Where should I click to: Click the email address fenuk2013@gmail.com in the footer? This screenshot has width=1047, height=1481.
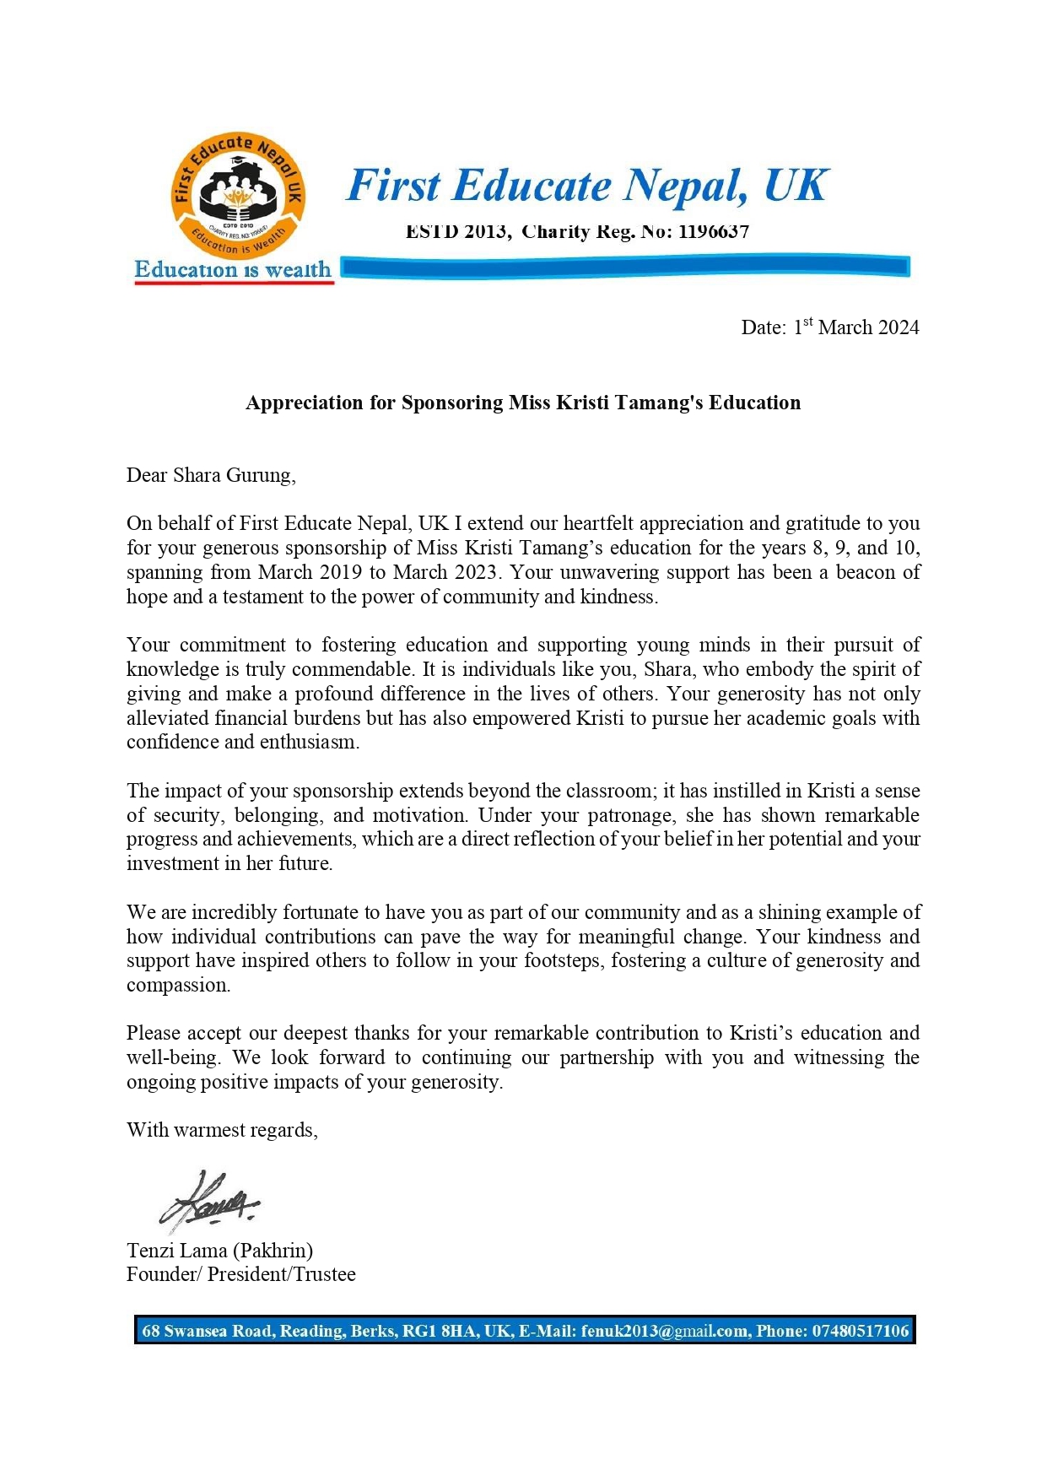tap(664, 1331)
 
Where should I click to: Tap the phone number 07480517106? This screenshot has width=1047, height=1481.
tap(861, 1331)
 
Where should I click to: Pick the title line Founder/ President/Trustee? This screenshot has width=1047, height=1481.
tap(241, 1274)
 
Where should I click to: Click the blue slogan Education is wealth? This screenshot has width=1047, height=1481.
tap(233, 270)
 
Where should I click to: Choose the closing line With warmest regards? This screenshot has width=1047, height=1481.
tap(222, 1130)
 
